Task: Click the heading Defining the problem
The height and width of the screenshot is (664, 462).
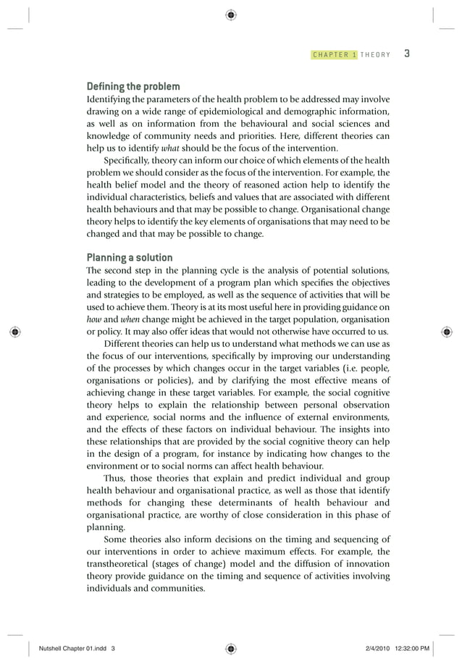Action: tap(133, 87)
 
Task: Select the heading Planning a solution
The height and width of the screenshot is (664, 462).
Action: tap(130, 257)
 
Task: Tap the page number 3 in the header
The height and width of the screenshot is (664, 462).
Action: tap(407, 54)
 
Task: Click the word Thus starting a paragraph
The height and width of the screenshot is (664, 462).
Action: tap(114, 478)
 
